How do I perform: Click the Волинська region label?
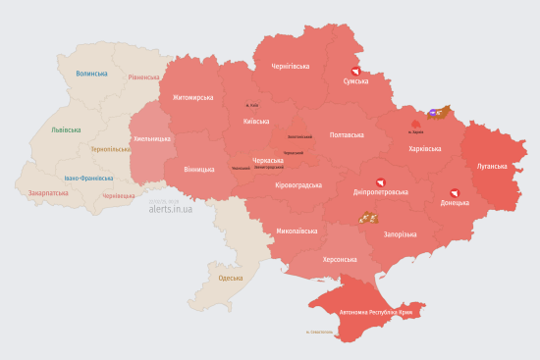(x=91, y=73)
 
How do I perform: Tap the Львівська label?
(x=66, y=129)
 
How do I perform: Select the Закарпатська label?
(x=48, y=193)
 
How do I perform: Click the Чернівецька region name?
(x=118, y=196)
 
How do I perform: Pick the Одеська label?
(x=231, y=279)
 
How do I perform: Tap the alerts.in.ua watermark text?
(x=170, y=209)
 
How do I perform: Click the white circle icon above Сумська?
(x=354, y=71)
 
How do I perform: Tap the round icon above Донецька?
(x=454, y=192)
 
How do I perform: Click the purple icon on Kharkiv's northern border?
(x=433, y=114)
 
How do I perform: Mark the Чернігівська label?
(x=291, y=66)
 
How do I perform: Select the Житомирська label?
(x=192, y=98)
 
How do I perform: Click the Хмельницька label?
(x=151, y=139)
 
